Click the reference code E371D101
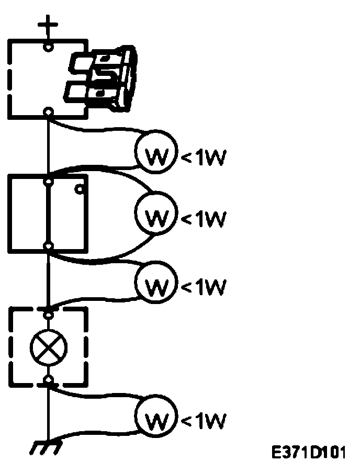pyautogui.click(x=309, y=452)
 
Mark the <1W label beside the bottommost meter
pyautogui.click(x=204, y=420)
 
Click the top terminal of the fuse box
pyautogui.click(x=48, y=47)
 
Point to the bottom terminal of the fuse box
pyautogui.click(x=48, y=111)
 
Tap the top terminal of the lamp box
pyautogui.click(x=48, y=314)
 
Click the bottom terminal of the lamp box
pyautogui.click(x=48, y=379)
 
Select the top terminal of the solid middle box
pyautogui.click(x=48, y=182)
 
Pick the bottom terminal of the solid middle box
pyautogui.click(x=48, y=245)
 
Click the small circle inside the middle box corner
pyautogui.click(x=80, y=189)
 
